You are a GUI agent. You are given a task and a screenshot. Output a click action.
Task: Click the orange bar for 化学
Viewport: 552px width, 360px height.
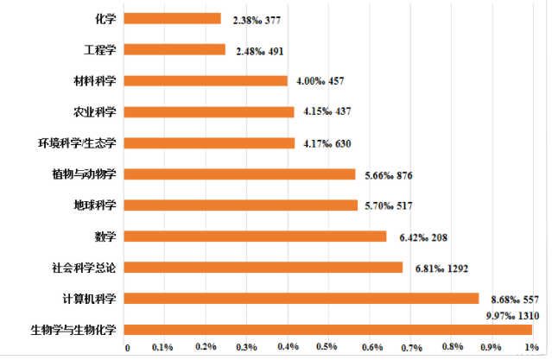point(174,18)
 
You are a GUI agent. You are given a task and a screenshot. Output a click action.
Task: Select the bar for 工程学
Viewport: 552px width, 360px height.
point(176,49)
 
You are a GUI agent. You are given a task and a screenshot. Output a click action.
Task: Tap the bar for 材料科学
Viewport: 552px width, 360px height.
point(207,80)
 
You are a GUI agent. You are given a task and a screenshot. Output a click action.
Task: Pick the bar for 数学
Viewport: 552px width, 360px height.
point(257,236)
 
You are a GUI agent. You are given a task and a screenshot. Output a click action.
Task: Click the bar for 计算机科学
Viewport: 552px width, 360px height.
point(302,298)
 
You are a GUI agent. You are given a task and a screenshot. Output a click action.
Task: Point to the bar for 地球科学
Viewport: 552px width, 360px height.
point(242,205)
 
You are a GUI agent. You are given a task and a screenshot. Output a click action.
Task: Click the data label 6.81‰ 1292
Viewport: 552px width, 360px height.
point(441,268)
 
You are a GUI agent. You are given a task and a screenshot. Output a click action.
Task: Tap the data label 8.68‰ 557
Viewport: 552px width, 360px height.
point(515,298)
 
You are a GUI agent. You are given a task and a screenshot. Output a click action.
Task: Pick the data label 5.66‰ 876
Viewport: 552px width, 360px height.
point(389,174)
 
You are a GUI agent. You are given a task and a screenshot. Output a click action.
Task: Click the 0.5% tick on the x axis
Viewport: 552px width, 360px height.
point(327,347)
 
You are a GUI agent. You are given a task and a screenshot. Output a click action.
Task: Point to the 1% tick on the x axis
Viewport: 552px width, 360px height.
point(530,347)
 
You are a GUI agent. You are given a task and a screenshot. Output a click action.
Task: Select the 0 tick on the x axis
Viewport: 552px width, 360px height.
point(128,347)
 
